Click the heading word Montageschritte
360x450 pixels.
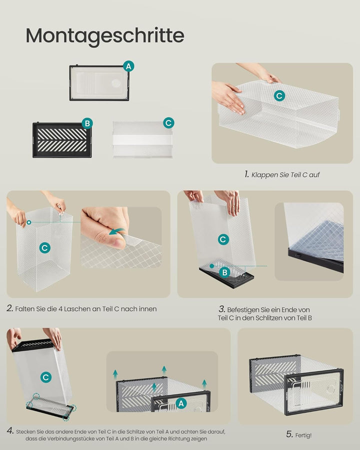click(105, 36)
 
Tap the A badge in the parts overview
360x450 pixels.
click(128, 66)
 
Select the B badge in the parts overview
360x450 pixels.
click(87, 123)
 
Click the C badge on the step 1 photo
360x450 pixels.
click(279, 95)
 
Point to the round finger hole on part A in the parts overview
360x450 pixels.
click(116, 83)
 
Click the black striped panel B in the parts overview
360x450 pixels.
click(62, 140)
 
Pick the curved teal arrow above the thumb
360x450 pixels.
click(117, 231)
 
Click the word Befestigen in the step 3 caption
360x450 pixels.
click(243, 310)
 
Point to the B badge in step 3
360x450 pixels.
click(225, 272)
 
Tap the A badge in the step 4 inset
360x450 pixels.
click(181, 403)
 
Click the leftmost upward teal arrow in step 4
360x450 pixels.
click(115, 374)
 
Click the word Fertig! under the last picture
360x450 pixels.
click(303, 435)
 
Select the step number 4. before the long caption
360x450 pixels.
click(10, 431)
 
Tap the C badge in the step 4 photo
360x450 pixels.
click(46, 377)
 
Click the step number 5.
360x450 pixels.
click(289, 434)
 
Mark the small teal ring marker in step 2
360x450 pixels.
click(28, 222)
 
